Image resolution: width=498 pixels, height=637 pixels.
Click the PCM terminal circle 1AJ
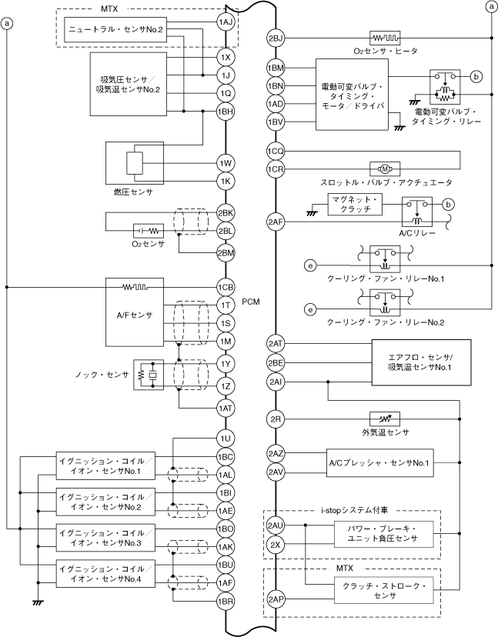[226, 22]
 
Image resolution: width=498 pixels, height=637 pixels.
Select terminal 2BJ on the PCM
[276, 38]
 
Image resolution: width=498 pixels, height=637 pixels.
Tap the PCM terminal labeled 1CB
[226, 288]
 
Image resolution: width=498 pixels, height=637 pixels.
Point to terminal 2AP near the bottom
[276, 599]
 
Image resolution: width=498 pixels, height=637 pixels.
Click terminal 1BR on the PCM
[226, 601]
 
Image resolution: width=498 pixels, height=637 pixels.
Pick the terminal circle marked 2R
[276, 419]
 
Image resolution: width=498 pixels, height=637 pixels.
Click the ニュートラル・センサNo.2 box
[115, 29]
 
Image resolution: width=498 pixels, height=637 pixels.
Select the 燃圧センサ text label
[133, 192]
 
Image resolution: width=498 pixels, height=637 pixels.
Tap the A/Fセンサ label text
[135, 315]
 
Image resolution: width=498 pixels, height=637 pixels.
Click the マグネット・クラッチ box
[355, 205]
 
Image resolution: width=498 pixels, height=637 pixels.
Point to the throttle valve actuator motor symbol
[385, 168]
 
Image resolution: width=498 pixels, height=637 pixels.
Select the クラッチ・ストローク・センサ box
[384, 590]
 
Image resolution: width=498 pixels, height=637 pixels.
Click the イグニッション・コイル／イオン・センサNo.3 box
[105, 538]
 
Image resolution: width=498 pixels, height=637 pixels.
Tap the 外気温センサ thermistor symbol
[385, 419]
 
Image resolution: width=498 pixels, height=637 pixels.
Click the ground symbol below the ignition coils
[38, 602]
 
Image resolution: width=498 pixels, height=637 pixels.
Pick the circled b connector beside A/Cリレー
[449, 205]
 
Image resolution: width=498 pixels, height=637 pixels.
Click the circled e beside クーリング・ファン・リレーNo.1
[310, 265]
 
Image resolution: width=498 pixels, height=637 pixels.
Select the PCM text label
[250, 302]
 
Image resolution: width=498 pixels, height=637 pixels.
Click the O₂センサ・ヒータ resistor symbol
[385, 38]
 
